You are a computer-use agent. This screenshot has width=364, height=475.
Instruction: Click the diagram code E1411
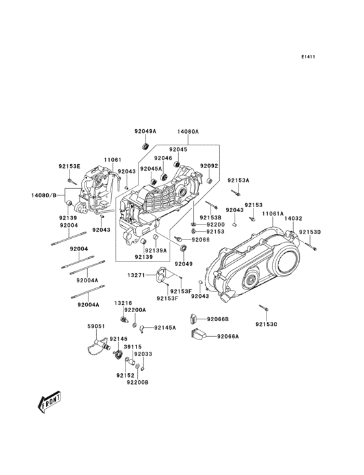point(308,56)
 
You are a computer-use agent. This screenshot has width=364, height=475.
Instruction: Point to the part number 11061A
point(273,213)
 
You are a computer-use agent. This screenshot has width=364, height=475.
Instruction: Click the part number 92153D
point(310,232)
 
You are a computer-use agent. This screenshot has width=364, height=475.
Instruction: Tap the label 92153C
point(266,324)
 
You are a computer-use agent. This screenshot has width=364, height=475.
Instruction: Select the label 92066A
point(228,336)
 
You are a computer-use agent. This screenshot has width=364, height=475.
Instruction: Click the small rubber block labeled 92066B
point(193,318)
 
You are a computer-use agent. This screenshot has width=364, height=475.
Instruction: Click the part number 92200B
point(138,382)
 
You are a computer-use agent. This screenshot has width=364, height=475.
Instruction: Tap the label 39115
point(133,347)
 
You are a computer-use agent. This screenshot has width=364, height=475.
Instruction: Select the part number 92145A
point(165,328)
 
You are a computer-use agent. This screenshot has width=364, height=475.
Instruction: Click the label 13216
point(123,303)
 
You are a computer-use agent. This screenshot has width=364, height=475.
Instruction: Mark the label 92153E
point(70,166)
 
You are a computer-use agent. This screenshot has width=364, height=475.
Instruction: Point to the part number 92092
point(209,165)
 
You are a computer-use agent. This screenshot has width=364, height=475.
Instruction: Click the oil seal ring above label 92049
point(183,249)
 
